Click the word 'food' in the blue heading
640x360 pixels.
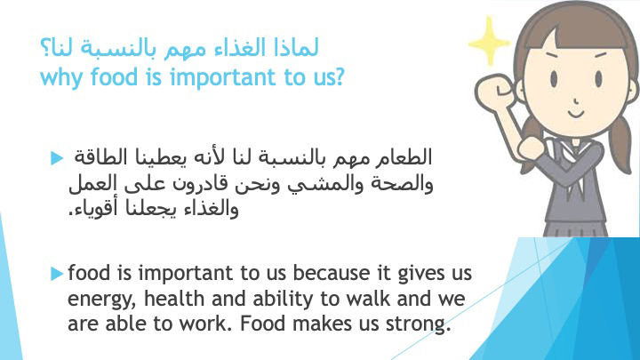(x=115, y=76)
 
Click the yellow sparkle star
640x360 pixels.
(x=489, y=42)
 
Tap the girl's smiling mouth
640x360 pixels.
(x=576, y=114)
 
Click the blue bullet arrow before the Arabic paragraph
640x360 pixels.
(x=57, y=158)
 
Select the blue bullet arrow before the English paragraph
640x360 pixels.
(x=57, y=274)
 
